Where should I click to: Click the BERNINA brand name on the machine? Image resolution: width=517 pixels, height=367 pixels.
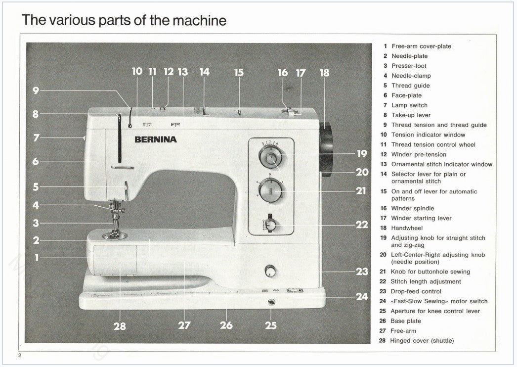pos(156,139)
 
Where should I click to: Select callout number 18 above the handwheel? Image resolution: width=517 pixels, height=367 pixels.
pos(324,73)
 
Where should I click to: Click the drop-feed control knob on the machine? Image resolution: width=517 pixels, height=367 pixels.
pos(270,272)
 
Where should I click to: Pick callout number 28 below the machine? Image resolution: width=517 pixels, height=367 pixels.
pos(120,326)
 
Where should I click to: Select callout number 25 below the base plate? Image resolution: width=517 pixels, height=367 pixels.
pos(270,325)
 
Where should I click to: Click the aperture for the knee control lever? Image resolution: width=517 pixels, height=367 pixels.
pos(271,303)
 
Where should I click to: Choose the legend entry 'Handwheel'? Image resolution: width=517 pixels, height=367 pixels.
pos(407,228)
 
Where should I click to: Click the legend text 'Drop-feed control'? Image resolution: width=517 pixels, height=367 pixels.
pos(416,291)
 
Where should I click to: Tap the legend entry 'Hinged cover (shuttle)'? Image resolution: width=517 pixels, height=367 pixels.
pos(422,341)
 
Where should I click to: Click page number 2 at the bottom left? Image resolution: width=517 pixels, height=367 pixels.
pos(20,356)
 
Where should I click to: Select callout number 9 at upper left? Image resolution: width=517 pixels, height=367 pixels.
pos(36,91)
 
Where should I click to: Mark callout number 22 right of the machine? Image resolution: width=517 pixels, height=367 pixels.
pos(362,225)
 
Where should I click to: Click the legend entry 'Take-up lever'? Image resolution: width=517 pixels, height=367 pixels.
pos(411,115)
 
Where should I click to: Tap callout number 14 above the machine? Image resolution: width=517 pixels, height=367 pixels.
pos(205,72)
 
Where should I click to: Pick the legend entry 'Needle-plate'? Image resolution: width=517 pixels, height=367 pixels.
pos(409,56)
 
